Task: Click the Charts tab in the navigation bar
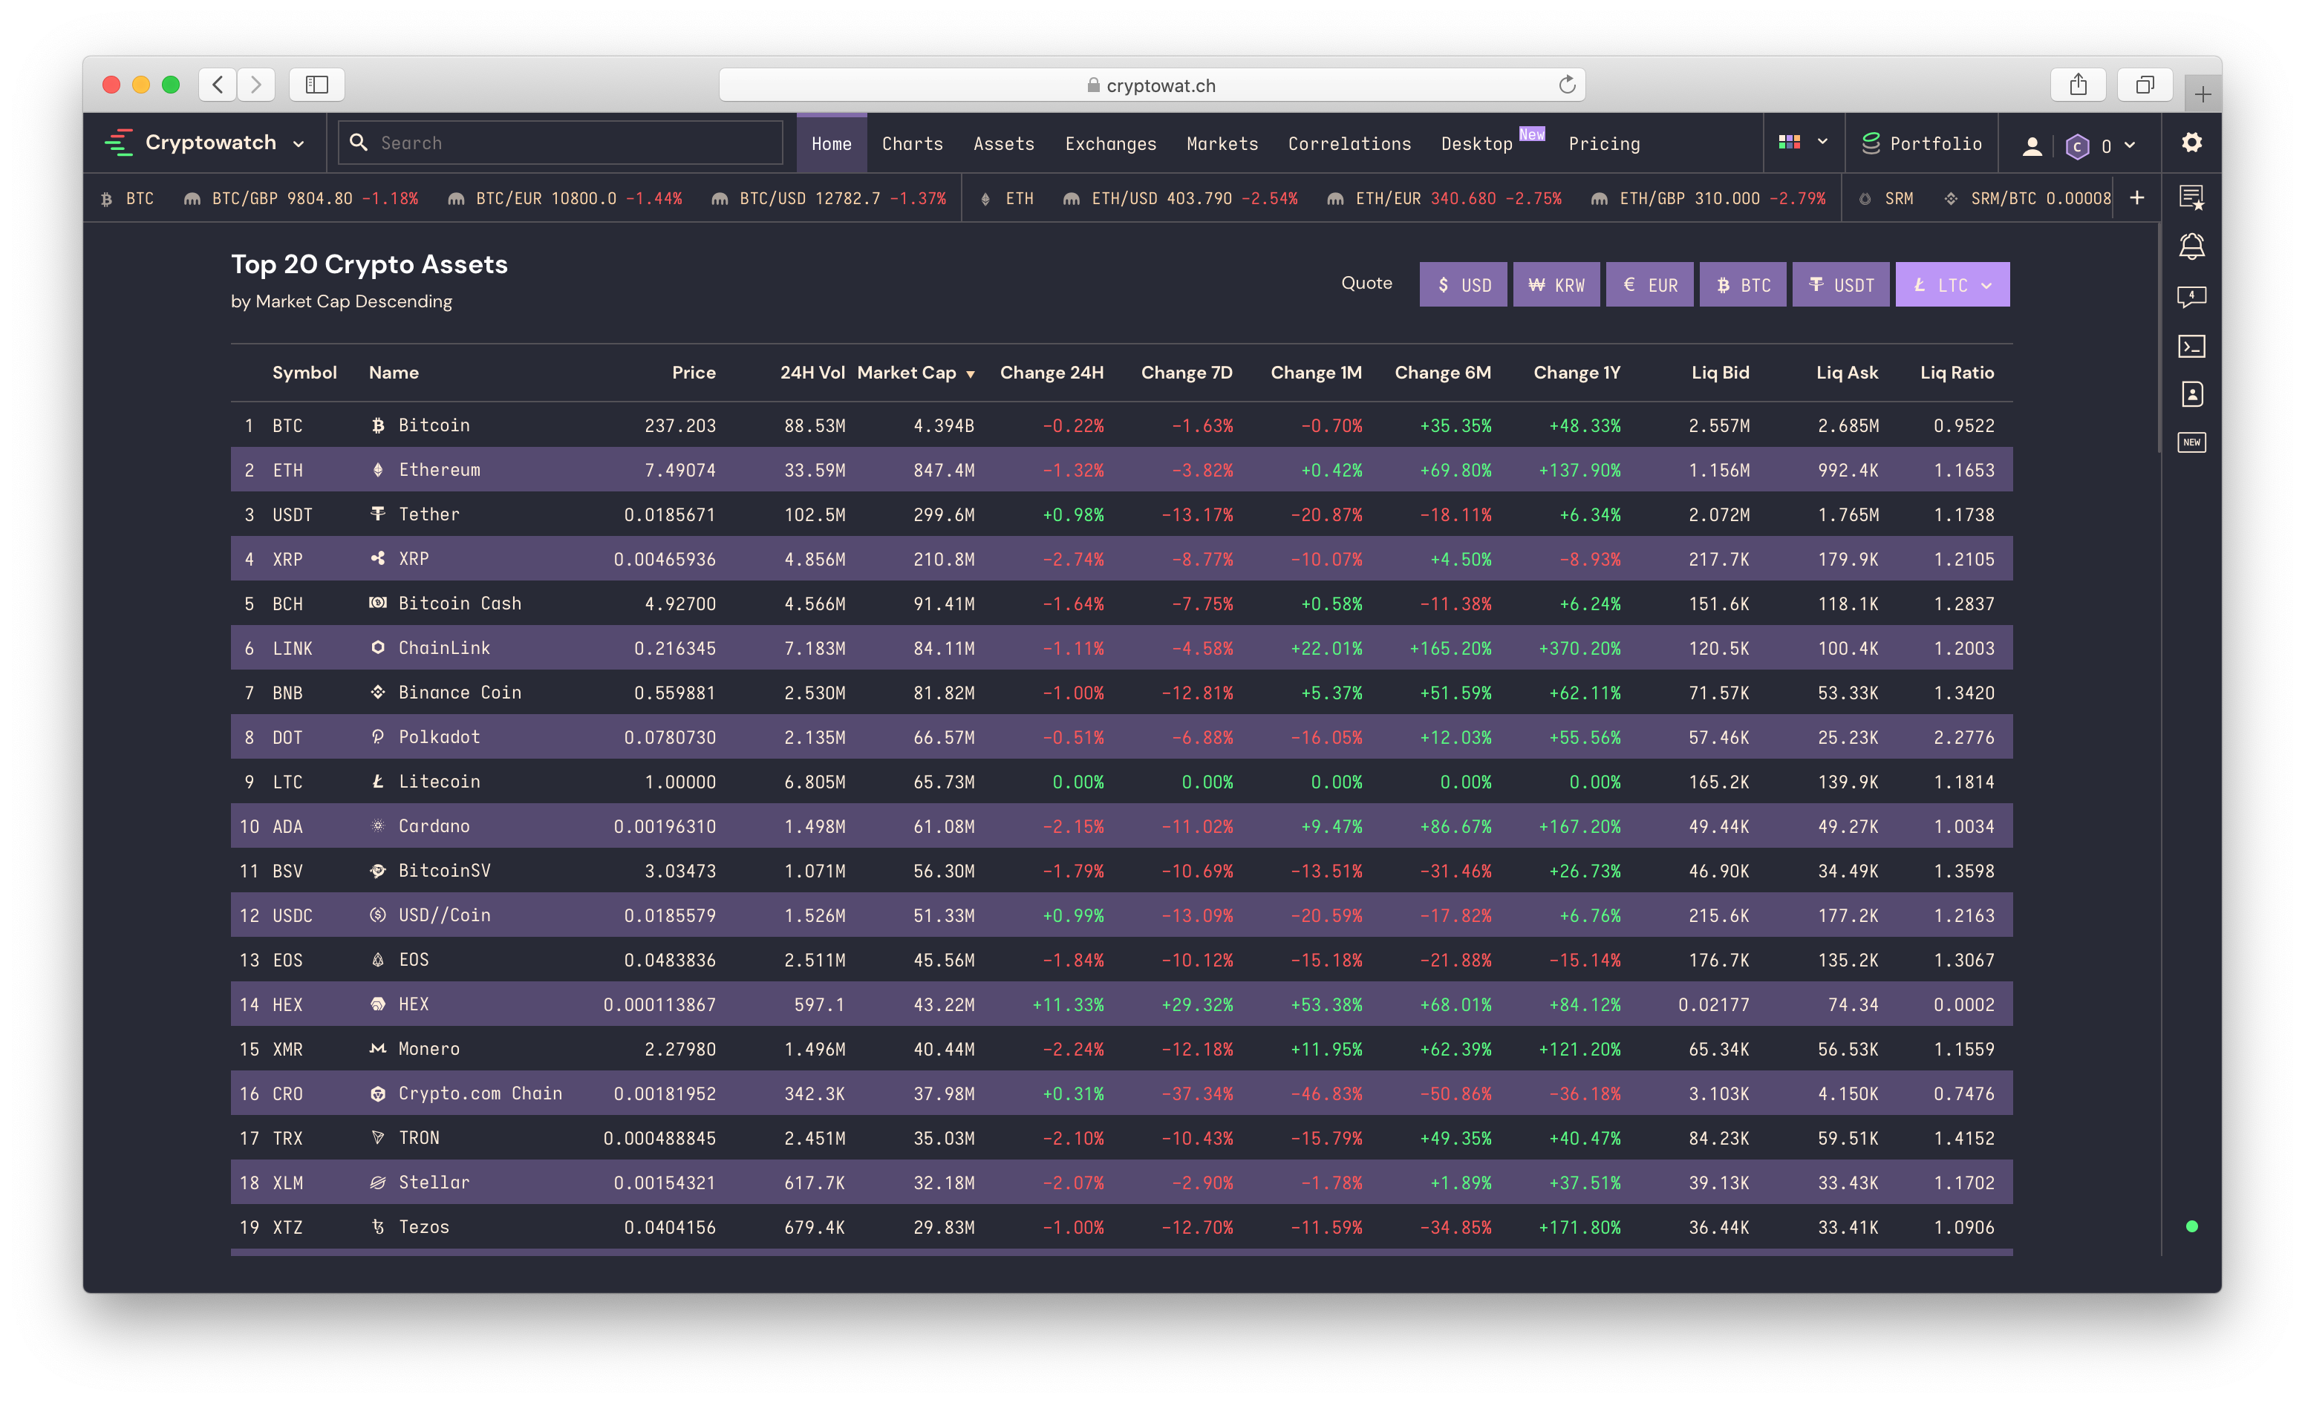[x=912, y=143]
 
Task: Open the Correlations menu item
[x=1349, y=143]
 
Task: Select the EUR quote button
[x=1649, y=284]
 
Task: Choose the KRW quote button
[x=1556, y=284]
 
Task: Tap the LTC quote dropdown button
[x=1952, y=284]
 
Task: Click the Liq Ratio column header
[x=1957, y=372]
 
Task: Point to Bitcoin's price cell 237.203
[x=680, y=425]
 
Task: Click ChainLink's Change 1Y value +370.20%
[x=1579, y=648]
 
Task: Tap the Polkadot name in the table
[x=439, y=737]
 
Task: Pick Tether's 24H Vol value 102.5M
[x=814, y=514]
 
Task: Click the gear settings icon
[x=2192, y=143]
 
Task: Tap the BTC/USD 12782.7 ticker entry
[x=829, y=198]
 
